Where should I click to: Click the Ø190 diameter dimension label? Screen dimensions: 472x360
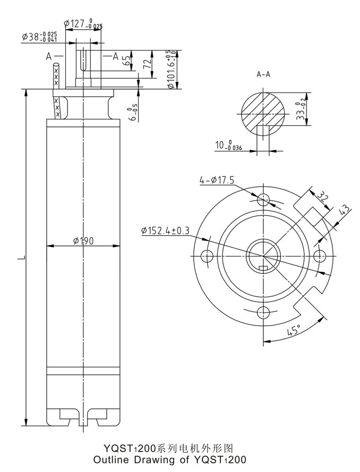pos(83,241)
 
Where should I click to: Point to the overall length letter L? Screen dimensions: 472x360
pos(20,259)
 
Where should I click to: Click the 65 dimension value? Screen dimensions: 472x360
pos(127,59)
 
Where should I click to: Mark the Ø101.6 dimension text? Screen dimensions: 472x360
pos(171,70)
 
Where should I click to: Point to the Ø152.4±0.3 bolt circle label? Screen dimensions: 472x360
pos(166,230)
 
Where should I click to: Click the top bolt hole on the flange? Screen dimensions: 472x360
pos(264,200)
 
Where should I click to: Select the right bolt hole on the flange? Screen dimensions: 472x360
pos(319,255)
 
